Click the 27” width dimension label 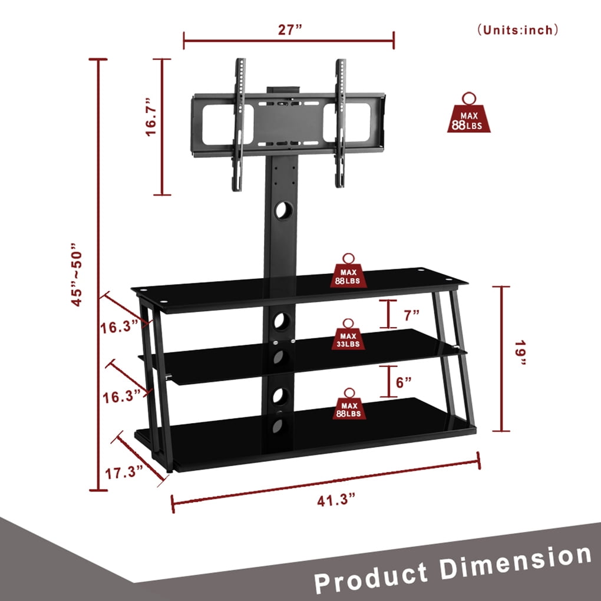tap(290, 29)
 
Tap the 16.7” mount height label tap(151, 117)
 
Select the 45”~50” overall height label tap(77, 274)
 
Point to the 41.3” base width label tap(336, 500)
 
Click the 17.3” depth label tap(124, 473)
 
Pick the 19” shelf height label tap(520, 352)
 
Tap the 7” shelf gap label tap(412, 315)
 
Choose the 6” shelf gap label tap(404, 382)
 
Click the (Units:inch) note tap(518, 30)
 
